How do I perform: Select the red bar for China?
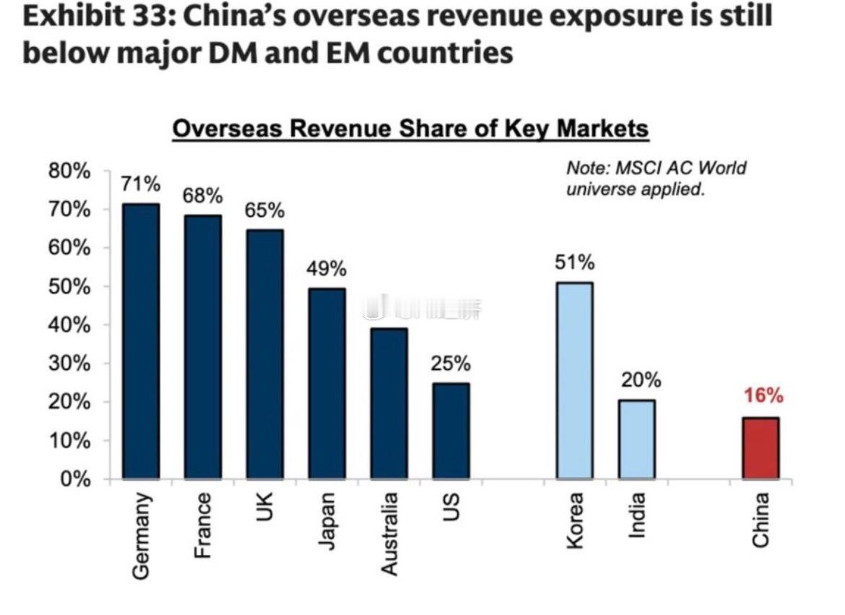(x=760, y=448)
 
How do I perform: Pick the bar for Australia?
(x=389, y=403)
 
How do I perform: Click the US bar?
(x=451, y=431)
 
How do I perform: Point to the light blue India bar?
(x=636, y=439)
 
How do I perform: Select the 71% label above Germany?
(x=141, y=184)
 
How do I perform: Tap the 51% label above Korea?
(x=574, y=263)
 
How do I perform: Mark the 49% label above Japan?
(x=326, y=270)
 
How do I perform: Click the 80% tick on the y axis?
(x=69, y=171)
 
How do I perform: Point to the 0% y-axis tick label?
(x=75, y=479)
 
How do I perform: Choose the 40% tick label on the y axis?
(x=69, y=325)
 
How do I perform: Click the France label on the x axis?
(x=204, y=525)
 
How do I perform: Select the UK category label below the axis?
(x=265, y=509)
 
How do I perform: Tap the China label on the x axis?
(x=760, y=519)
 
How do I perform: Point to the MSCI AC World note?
(x=656, y=179)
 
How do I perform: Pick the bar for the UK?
(x=264, y=354)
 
